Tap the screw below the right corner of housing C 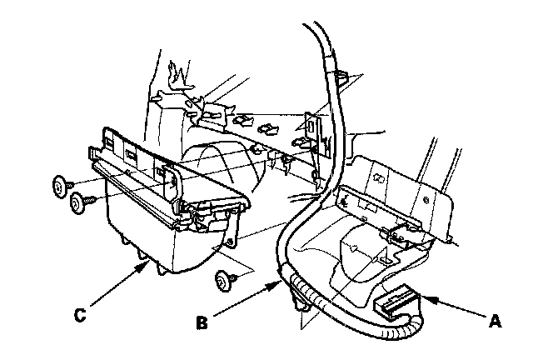point(222,280)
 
